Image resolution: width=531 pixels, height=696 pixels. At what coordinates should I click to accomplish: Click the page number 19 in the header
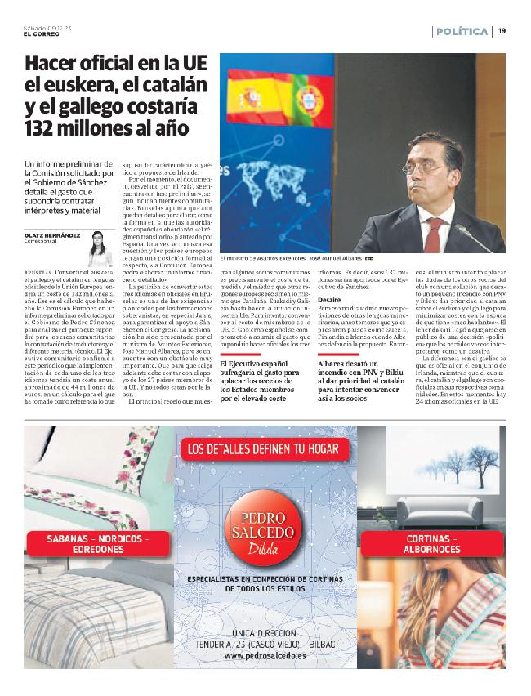click(502, 32)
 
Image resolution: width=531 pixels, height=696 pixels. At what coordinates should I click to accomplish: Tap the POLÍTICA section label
click(462, 32)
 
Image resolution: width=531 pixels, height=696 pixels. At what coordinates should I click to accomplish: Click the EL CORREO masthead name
click(41, 33)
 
